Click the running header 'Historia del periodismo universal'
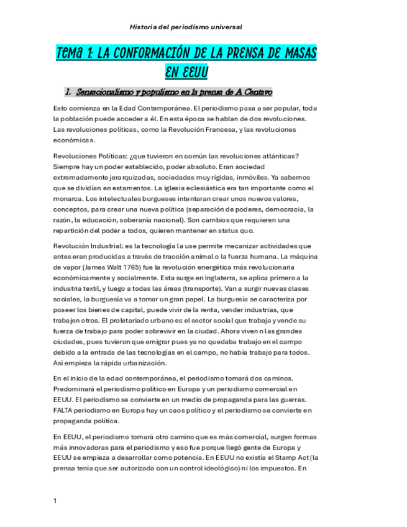(186, 27)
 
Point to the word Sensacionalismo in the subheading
(105, 93)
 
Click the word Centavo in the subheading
(256, 93)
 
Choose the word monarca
(68, 198)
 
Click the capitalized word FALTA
(65, 410)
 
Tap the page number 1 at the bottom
(55, 500)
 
